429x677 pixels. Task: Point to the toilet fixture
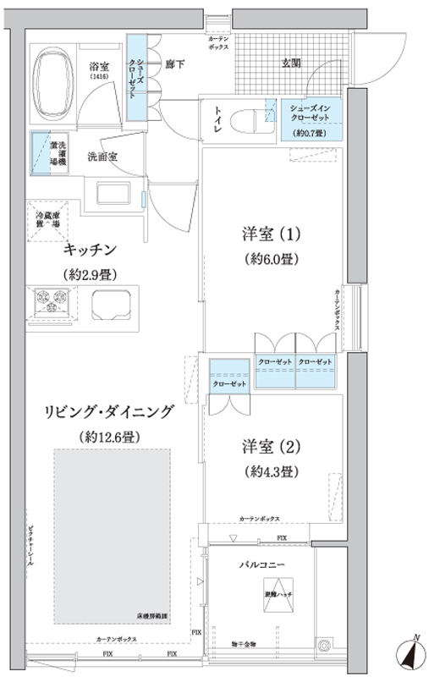pos(246,118)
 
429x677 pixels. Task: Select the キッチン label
pos(88,249)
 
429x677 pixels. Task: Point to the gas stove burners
pos(50,300)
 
